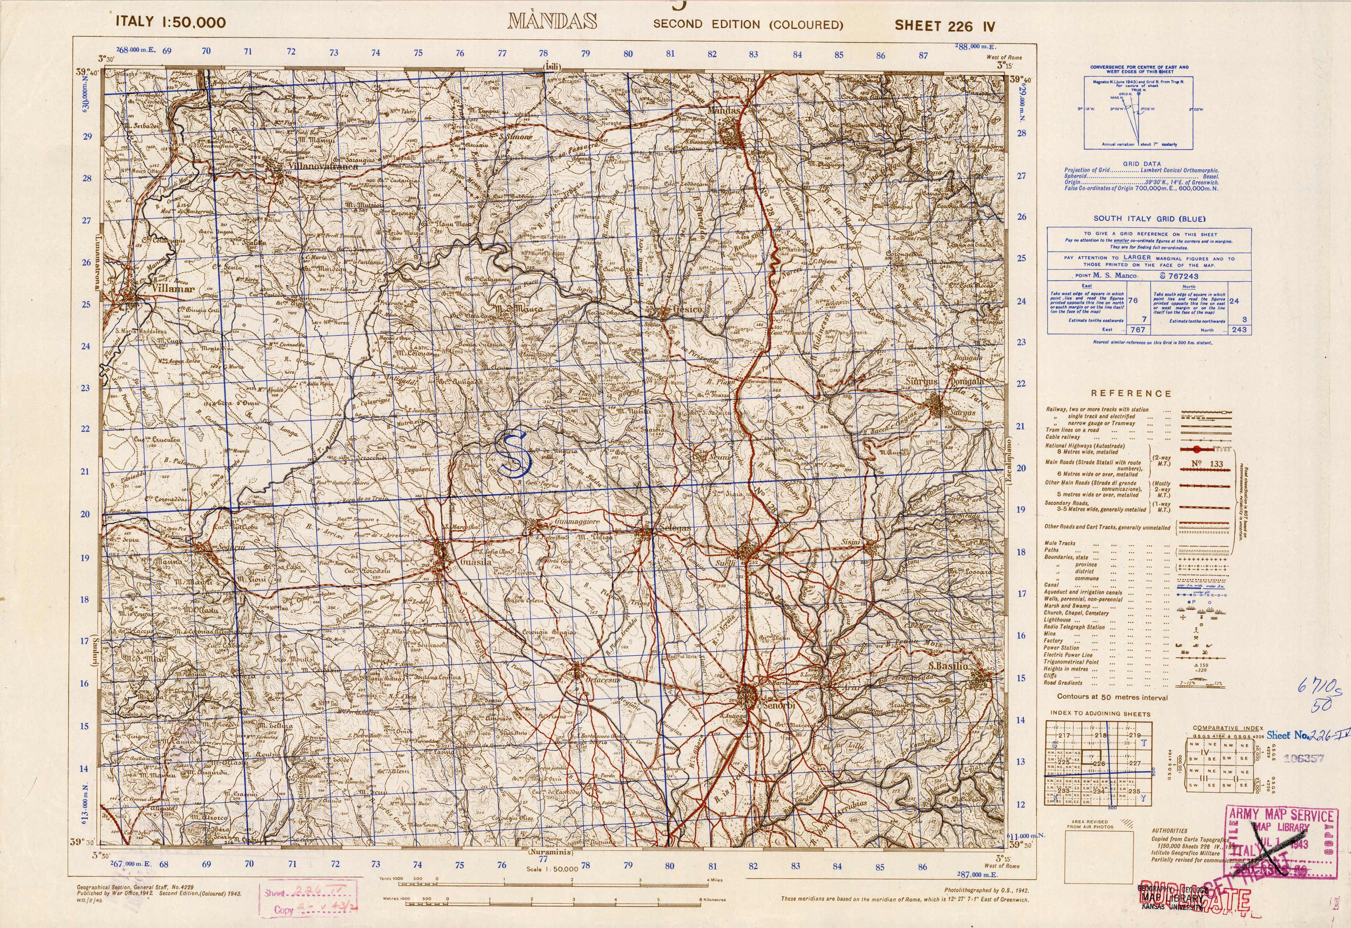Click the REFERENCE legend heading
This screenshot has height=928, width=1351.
1131,394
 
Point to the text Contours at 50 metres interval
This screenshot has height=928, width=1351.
1112,697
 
